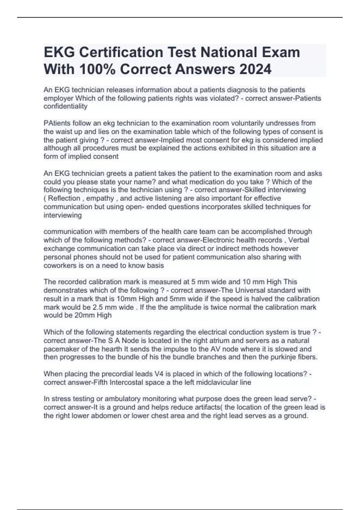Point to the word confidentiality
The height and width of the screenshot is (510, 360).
65,106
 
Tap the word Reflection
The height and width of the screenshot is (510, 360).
64,198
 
